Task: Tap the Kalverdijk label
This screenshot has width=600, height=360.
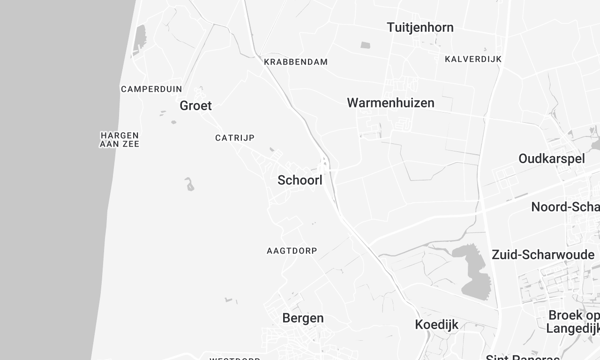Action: (x=472, y=59)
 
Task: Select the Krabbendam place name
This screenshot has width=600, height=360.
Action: (x=295, y=62)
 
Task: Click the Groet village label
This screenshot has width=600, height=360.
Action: (x=195, y=105)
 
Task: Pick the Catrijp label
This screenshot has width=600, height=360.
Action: (x=234, y=138)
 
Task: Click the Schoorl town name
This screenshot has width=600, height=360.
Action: (x=298, y=181)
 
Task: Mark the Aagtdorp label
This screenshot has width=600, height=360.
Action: (x=291, y=250)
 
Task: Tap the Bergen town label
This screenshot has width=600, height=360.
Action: (x=303, y=318)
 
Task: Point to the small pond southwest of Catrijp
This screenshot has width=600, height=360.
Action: (x=188, y=184)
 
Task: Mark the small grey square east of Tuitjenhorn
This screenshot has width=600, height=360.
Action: (x=365, y=45)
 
